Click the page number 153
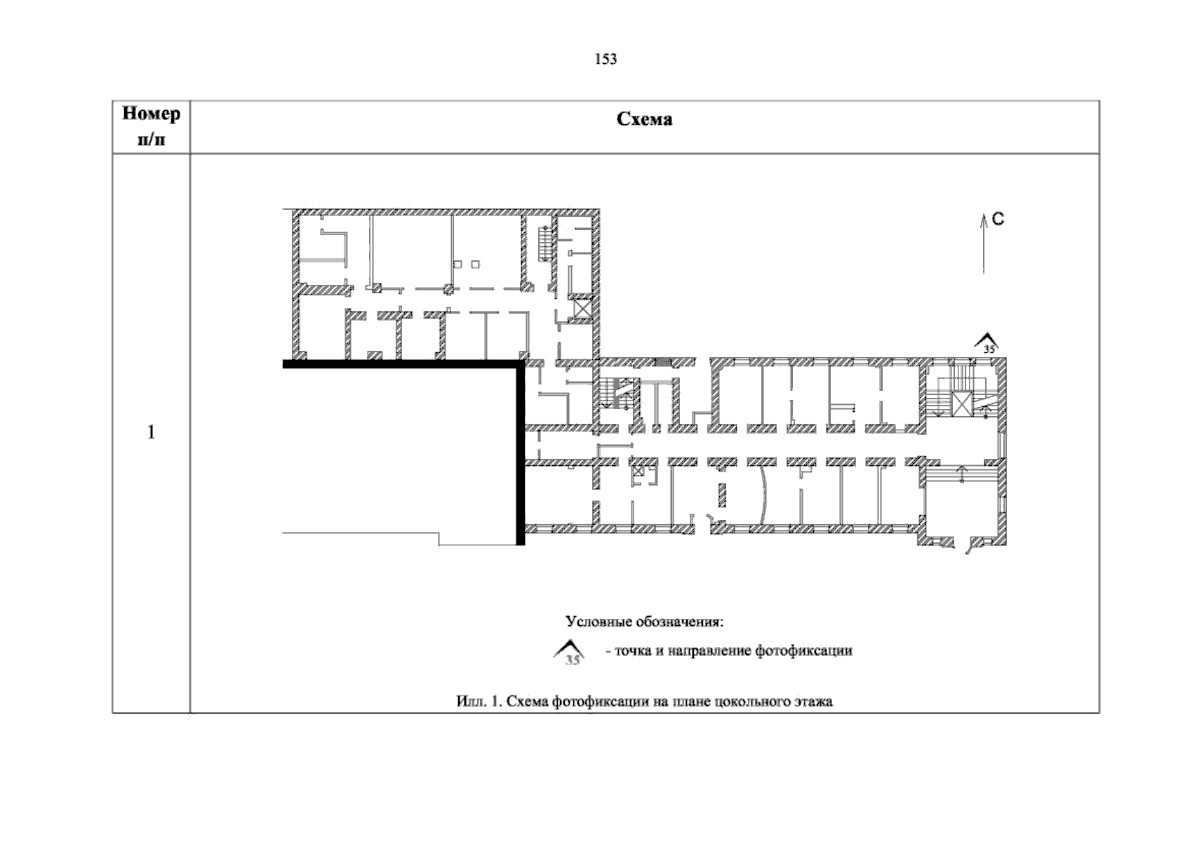(x=606, y=59)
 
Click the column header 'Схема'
(x=644, y=119)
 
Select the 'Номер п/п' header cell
(x=152, y=126)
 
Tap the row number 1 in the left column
(x=152, y=432)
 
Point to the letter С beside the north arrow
(x=998, y=219)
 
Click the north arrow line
(x=983, y=244)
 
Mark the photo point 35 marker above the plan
(x=987, y=343)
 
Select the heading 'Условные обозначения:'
(x=644, y=622)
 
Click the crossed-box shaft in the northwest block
(x=583, y=308)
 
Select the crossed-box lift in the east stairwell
(x=961, y=404)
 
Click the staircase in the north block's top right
(x=544, y=244)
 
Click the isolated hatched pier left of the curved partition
(x=722, y=495)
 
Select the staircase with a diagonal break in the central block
(x=615, y=394)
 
